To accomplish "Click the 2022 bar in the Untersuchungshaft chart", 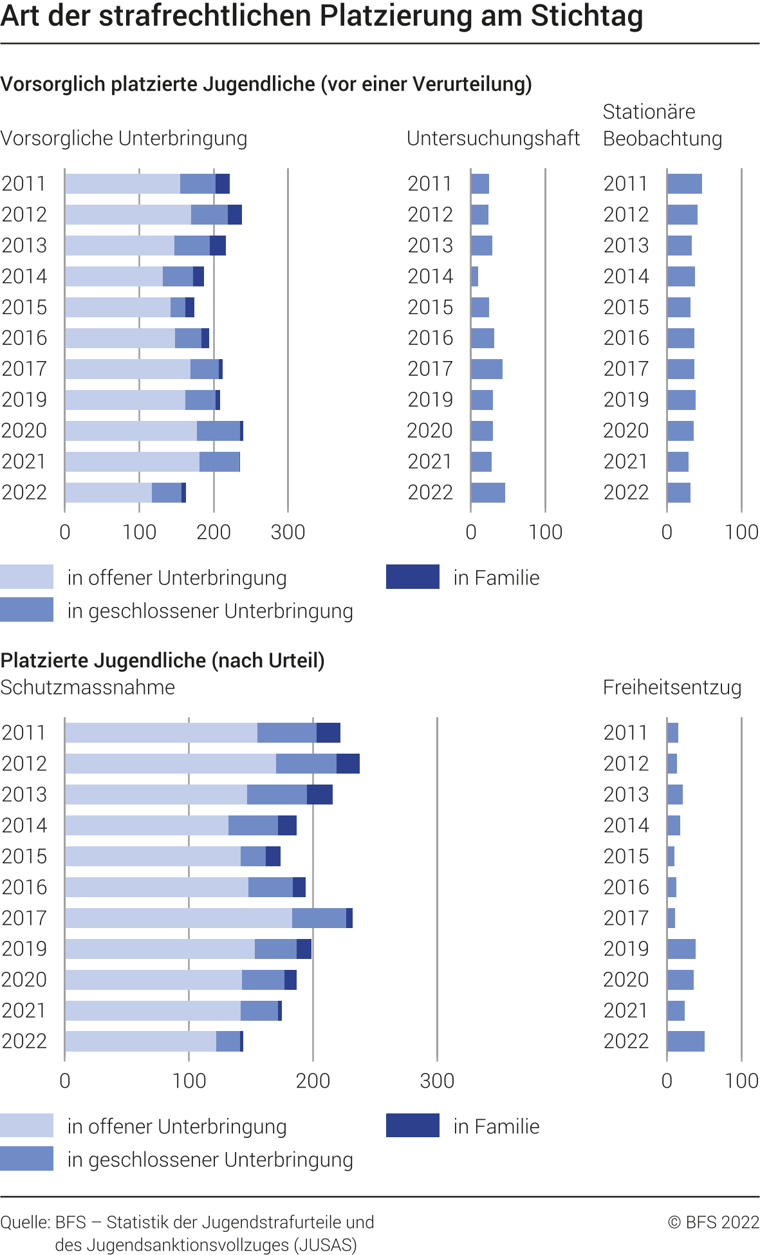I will [x=488, y=492].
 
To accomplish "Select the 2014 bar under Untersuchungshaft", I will [x=475, y=276].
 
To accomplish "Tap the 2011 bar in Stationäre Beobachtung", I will [x=684, y=183].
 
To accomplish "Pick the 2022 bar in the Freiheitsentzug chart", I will [x=685, y=1041].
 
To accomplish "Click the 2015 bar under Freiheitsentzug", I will [x=671, y=856].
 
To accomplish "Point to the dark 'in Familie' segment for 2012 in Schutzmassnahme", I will [x=348, y=763].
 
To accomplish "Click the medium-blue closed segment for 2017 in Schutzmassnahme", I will [x=319, y=918].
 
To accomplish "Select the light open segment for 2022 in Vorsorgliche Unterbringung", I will [x=108, y=492].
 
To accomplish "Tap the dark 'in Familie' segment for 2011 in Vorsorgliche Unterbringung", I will [x=223, y=183].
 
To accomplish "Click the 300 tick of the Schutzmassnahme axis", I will [x=437, y=1081].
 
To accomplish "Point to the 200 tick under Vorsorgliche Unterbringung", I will [x=214, y=532].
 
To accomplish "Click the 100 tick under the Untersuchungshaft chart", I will [x=546, y=532].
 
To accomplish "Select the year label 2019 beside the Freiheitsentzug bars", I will [x=626, y=949].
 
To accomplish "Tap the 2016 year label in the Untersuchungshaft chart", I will [x=430, y=338].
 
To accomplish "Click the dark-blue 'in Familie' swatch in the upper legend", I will [x=412, y=577].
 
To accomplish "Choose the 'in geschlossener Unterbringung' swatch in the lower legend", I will [x=26, y=1158].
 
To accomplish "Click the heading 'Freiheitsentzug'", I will [x=672, y=687].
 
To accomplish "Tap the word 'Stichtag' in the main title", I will [x=586, y=15].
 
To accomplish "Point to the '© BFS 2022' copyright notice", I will [x=714, y=1222].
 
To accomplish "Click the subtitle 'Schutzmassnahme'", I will [x=88, y=687].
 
